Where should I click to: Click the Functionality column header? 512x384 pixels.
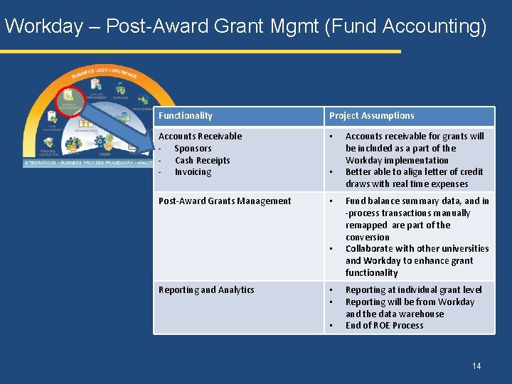tap(185, 116)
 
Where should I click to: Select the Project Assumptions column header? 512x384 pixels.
tap(371, 116)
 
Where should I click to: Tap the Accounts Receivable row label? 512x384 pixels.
tap(200, 137)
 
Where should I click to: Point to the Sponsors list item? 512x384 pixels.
tap(193, 149)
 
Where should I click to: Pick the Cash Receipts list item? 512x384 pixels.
tap(202, 161)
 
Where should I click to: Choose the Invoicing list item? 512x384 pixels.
tap(193, 172)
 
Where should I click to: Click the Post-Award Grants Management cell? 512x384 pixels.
tap(225, 201)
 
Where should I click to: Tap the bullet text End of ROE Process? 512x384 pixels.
tap(384, 326)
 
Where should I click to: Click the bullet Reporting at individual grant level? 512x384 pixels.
tap(413, 290)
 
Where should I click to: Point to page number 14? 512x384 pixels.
tap(476, 366)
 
